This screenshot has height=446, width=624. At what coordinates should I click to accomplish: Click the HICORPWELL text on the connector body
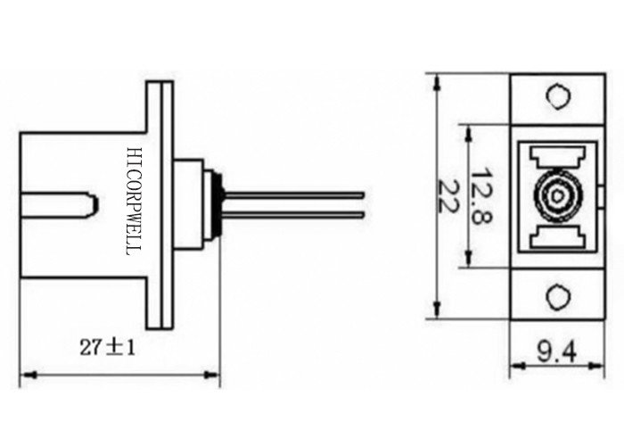pyautogui.click(x=135, y=202)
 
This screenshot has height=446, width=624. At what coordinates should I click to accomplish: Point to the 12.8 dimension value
pyautogui.click(x=482, y=195)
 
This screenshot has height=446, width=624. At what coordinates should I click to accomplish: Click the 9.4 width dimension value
pyautogui.click(x=555, y=355)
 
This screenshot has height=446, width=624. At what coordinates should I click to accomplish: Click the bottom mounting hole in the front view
pyautogui.click(x=556, y=296)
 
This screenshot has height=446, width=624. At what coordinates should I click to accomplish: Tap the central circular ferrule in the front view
pyautogui.click(x=554, y=194)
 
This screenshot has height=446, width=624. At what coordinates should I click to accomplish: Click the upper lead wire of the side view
pyautogui.click(x=294, y=193)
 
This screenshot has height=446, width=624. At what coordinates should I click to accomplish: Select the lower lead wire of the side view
pyautogui.click(x=294, y=214)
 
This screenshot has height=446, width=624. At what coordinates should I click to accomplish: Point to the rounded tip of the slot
pyautogui.click(x=92, y=206)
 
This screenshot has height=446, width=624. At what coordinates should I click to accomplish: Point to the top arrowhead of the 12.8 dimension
pyautogui.click(x=465, y=128)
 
